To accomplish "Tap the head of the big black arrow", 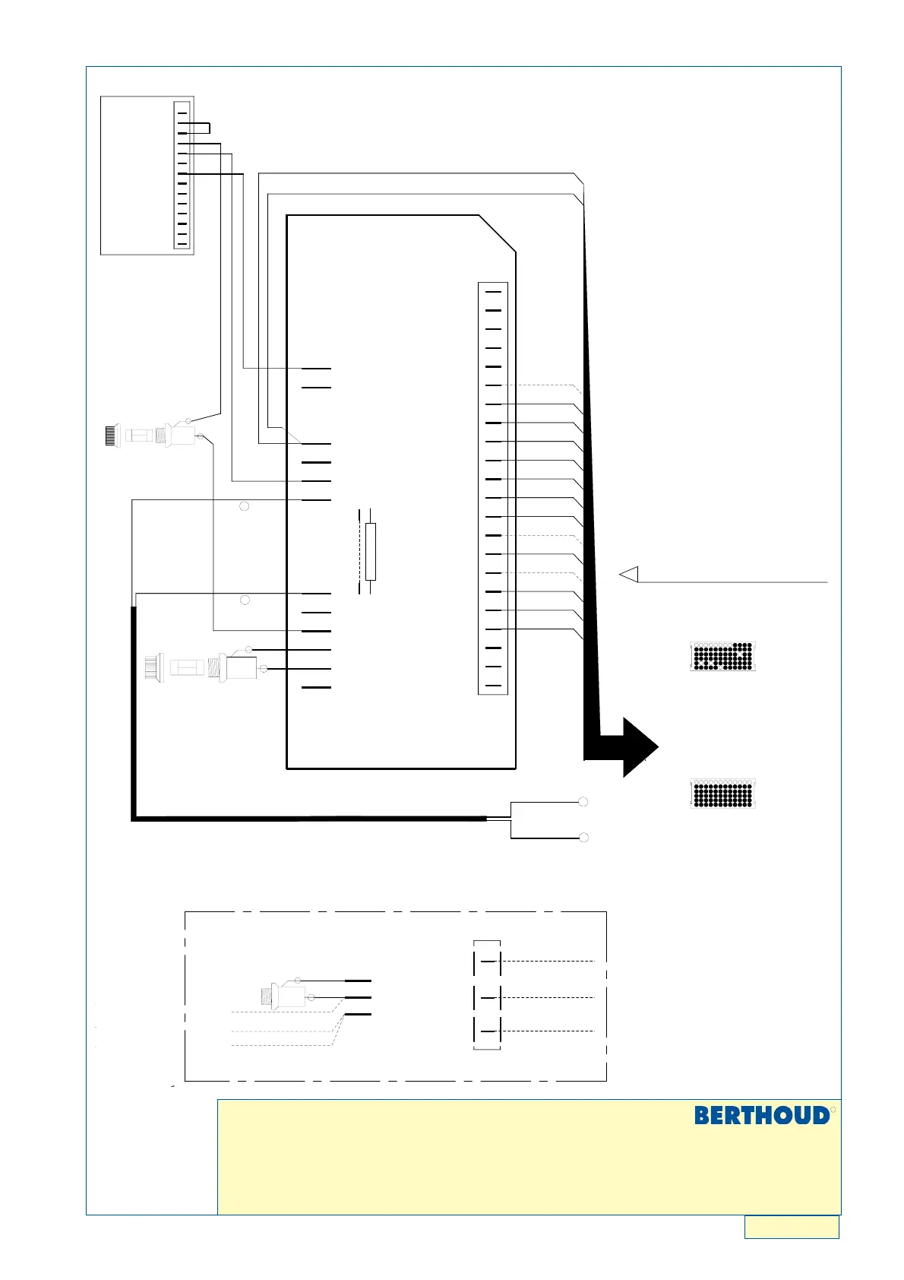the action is pos(640,747).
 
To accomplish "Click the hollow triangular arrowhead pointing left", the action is pos(629,574).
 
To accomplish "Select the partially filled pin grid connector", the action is pos(722,656).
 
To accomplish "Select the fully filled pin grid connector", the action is pos(722,793).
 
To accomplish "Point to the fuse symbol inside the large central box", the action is pos(370,551).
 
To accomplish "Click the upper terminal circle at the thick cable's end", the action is pos(583,802).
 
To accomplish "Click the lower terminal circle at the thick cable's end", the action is pos(583,838).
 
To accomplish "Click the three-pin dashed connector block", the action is pos(487,995).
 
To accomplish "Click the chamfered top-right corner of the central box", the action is pos(498,233).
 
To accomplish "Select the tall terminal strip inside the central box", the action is pos(493,489).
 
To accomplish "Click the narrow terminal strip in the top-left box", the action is pos(182,175).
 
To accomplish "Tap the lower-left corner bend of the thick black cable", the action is pos(134,819).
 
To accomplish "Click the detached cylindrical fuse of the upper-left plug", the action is pos(139,436).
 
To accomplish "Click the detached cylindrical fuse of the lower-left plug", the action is pos(187,667).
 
